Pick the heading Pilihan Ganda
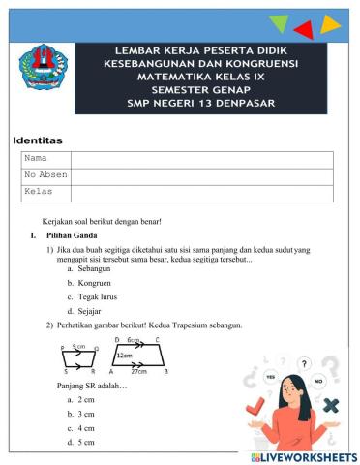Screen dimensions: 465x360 pos(74,235)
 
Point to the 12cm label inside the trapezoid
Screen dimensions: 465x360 pos(125,356)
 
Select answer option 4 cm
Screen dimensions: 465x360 pos(87,427)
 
